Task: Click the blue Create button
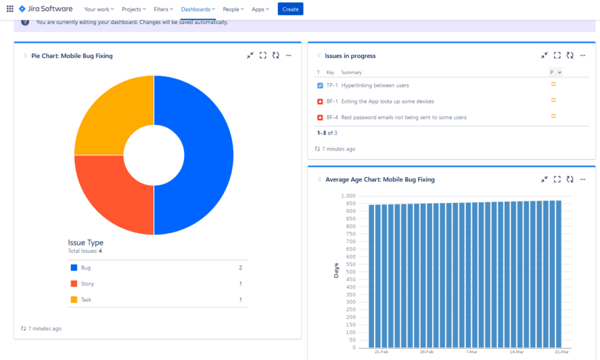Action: (x=290, y=9)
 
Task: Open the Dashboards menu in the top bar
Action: (x=198, y=9)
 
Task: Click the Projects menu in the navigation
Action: (x=133, y=9)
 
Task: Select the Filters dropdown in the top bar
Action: (x=163, y=9)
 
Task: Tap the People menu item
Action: (x=233, y=9)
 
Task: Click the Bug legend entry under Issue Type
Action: (x=86, y=267)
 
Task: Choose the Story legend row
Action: (x=87, y=283)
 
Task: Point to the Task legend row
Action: (x=87, y=299)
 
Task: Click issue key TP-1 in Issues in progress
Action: (x=332, y=85)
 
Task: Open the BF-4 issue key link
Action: (x=332, y=117)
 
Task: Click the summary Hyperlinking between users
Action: (x=375, y=85)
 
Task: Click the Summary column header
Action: (x=351, y=72)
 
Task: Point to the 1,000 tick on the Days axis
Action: (x=349, y=196)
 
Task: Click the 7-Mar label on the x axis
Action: (x=471, y=351)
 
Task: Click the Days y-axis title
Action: (x=336, y=271)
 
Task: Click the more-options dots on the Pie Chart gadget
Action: (x=289, y=56)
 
